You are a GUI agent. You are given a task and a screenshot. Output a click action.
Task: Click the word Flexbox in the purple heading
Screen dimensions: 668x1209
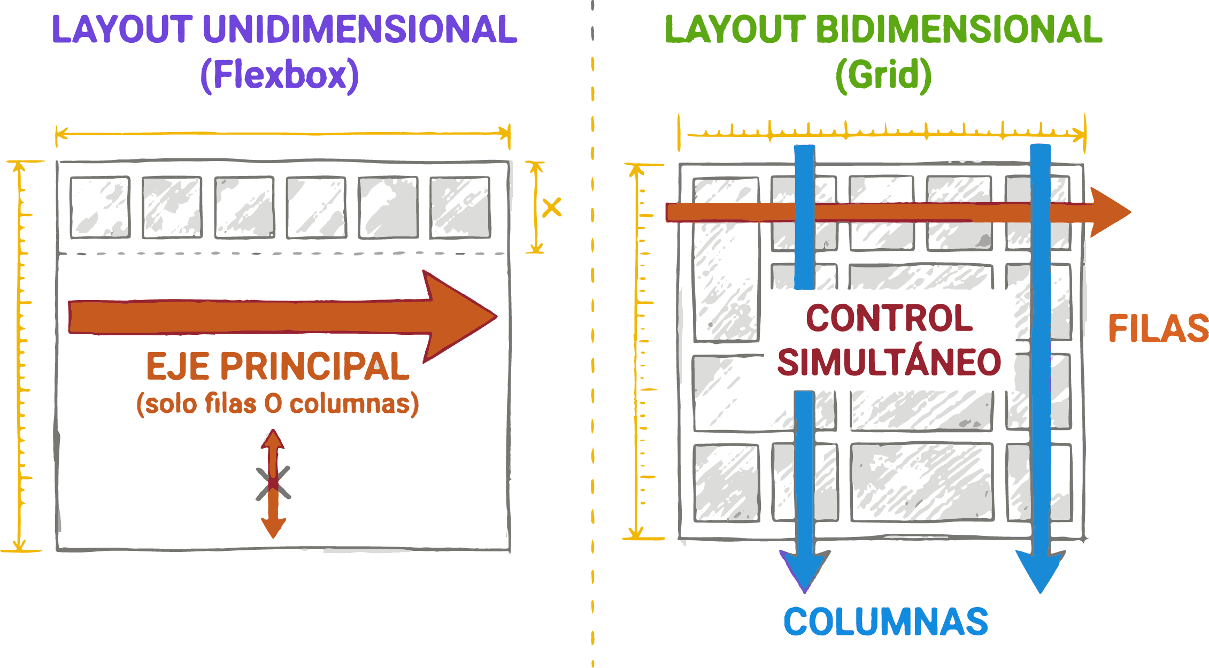[x=280, y=75]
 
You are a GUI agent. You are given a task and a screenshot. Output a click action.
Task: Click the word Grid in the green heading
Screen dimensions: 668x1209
[x=884, y=75]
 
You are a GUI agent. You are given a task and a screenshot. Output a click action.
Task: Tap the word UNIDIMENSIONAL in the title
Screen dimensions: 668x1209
[x=360, y=29]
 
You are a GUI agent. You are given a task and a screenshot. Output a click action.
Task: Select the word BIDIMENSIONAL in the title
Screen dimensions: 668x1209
[x=959, y=29]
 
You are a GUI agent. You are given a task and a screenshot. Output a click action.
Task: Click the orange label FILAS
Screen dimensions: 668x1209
[x=1158, y=328]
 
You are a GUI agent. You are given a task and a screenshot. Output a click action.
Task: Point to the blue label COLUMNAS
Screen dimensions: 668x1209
[x=885, y=622]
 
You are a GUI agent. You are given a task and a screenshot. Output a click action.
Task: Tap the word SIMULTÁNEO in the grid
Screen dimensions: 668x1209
[x=889, y=363]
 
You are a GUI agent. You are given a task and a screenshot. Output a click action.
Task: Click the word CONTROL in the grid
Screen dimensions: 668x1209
[x=889, y=318]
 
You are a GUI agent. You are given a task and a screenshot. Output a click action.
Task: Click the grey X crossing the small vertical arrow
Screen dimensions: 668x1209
[x=273, y=483]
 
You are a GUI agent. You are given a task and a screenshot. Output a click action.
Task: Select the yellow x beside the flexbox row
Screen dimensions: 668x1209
[x=552, y=208]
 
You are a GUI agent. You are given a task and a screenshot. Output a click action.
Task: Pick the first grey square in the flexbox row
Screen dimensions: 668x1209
[x=100, y=208]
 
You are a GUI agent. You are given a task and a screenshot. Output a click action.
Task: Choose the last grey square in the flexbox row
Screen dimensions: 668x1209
[x=460, y=208]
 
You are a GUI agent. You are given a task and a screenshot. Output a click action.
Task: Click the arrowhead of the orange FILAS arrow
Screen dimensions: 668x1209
[x=1110, y=212]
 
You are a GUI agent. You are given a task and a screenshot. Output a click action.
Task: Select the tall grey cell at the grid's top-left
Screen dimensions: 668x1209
[x=726, y=260]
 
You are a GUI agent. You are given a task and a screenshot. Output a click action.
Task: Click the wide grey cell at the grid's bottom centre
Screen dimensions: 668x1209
[x=922, y=482]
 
